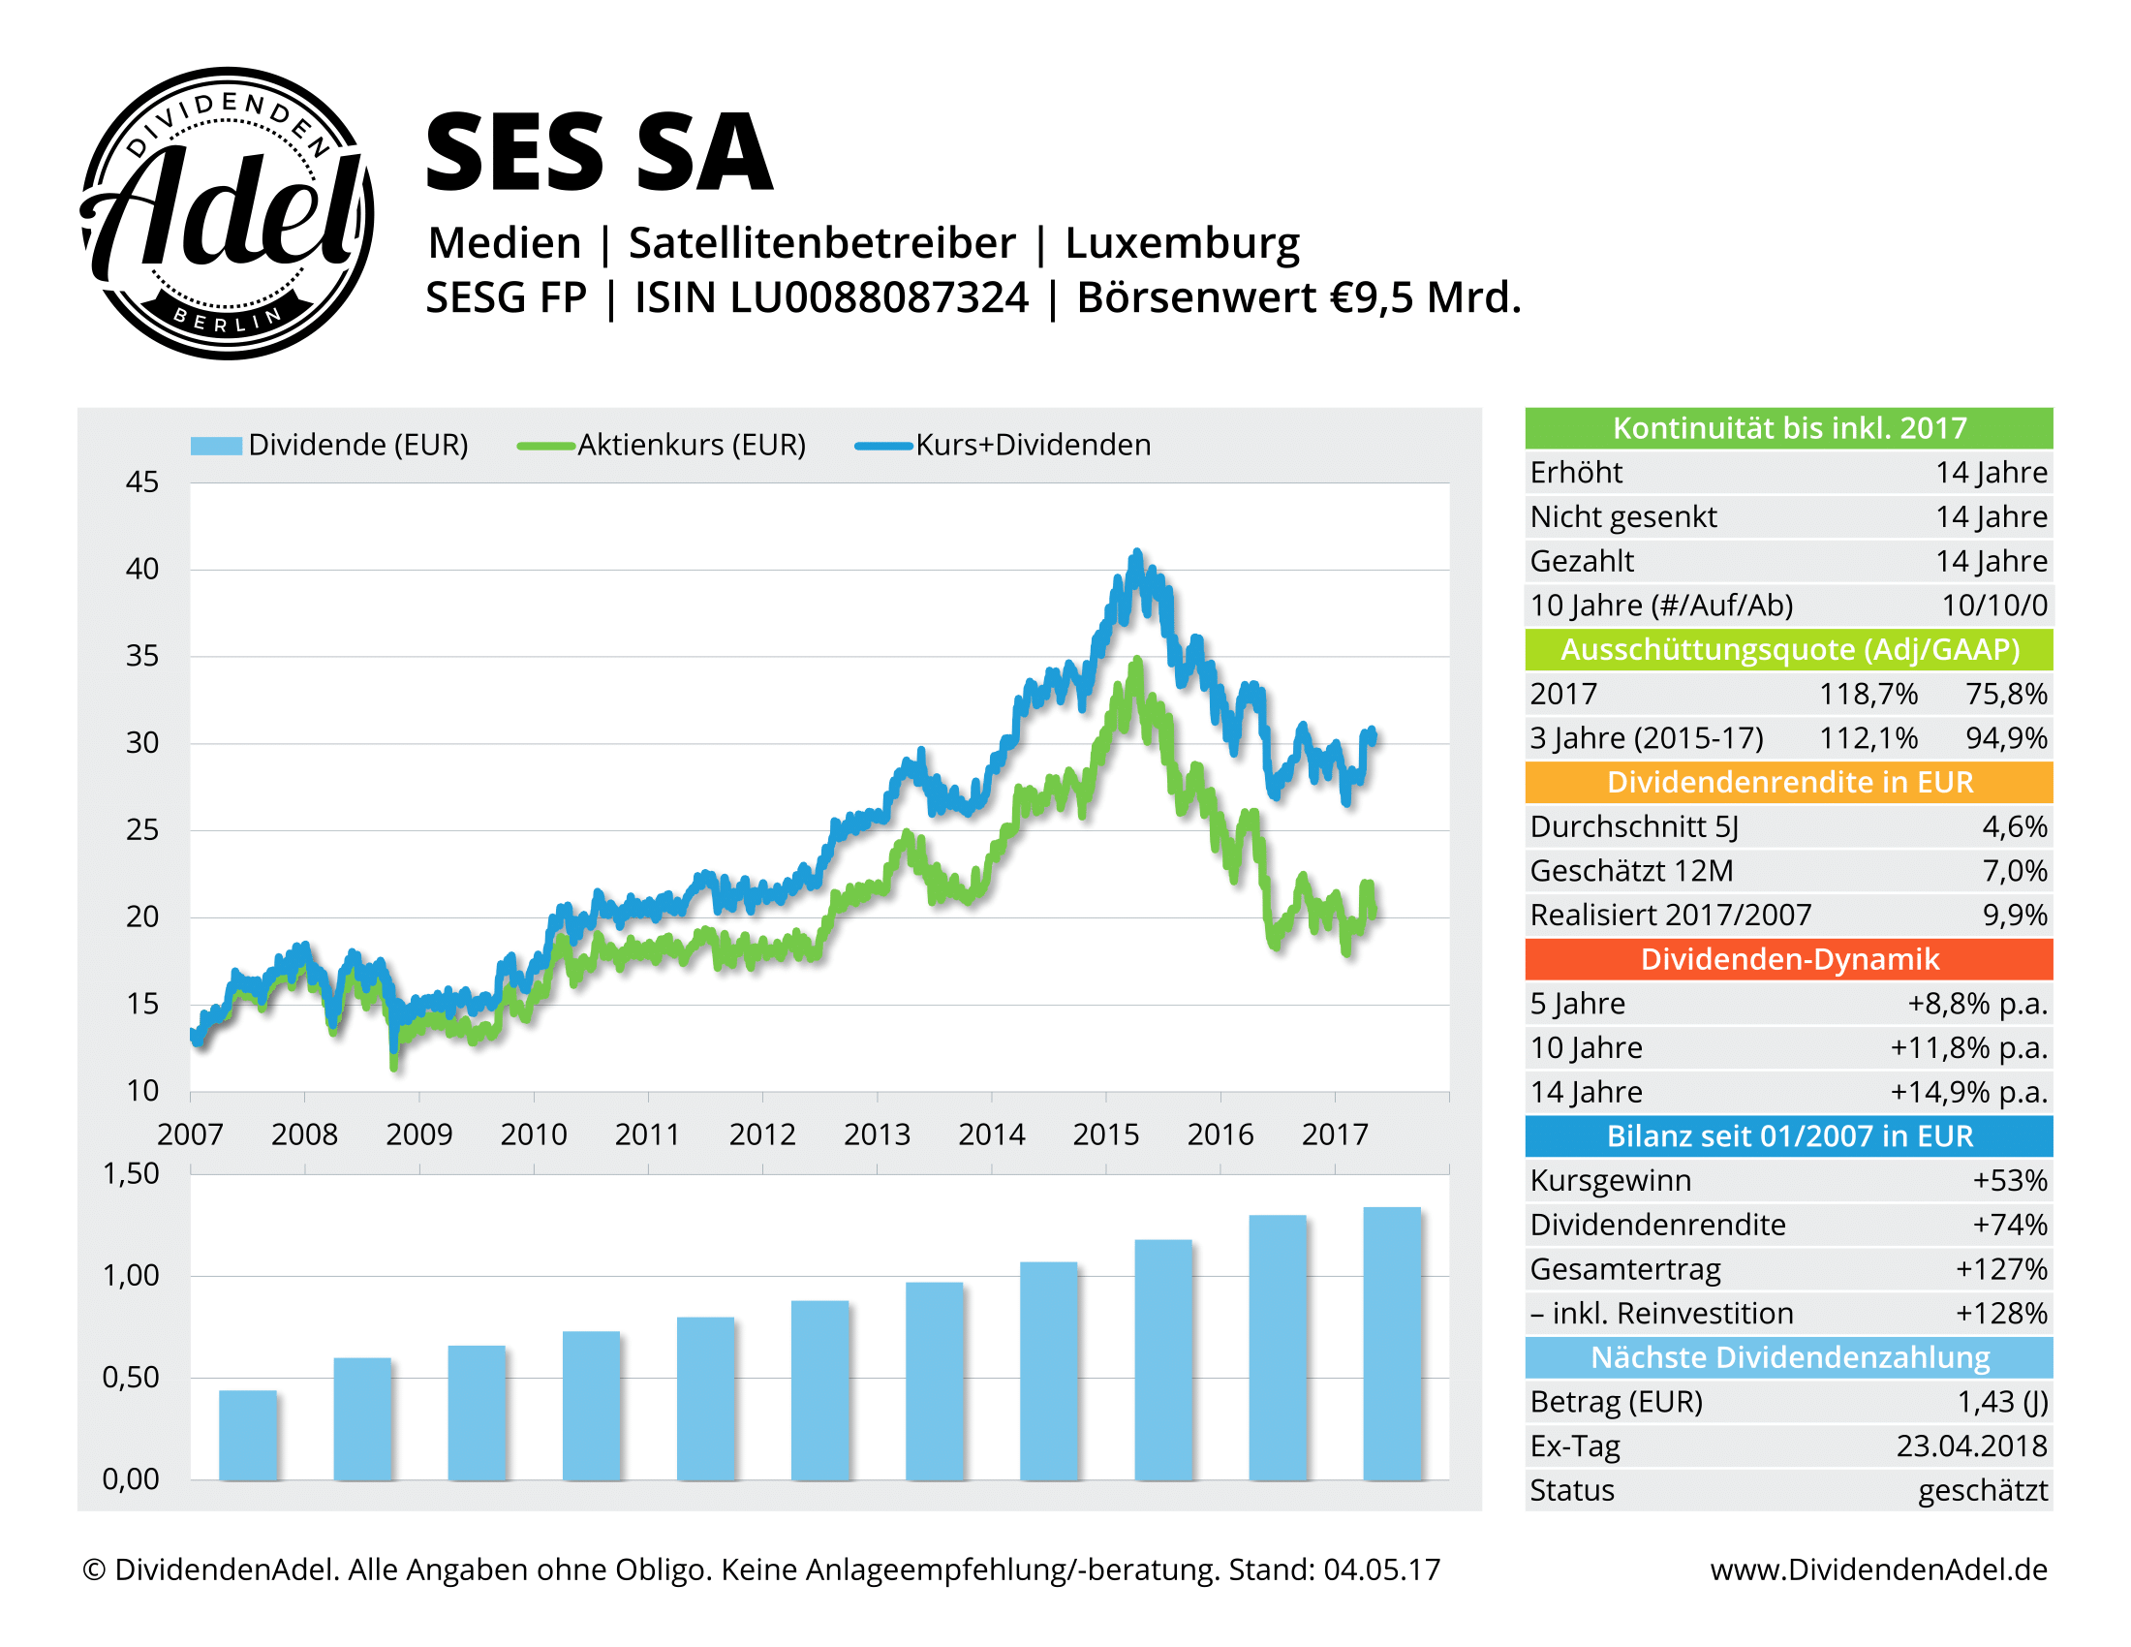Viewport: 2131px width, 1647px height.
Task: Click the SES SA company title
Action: click(599, 153)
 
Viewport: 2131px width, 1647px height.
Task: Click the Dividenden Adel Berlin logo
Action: click(227, 214)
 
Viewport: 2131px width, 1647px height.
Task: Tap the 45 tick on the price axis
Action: click(142, 482)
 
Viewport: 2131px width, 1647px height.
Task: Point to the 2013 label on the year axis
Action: click(877, 1134)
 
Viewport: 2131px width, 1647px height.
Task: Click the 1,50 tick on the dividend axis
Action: click(131, 1174)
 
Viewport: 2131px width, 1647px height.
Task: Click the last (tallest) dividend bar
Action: click(1391, 1344)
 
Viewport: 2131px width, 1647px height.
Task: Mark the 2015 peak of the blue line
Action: click(1136, 554)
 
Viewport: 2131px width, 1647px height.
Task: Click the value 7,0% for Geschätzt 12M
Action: click(2014, 870)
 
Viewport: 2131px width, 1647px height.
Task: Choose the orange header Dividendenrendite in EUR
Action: click(1788, 783)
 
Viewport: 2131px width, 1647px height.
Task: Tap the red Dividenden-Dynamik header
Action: click(1788, 959)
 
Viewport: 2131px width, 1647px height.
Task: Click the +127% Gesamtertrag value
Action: click(2000, 1268)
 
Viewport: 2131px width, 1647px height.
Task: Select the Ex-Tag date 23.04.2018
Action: click(1971, 1446)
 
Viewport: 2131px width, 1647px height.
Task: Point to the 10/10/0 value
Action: click(1993, 605)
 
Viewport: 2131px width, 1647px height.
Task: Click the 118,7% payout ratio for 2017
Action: click(1868, 694)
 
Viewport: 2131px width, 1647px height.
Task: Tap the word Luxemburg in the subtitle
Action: click(1182, 243)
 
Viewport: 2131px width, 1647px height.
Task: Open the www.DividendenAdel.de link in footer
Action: click(1878, 1569)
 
